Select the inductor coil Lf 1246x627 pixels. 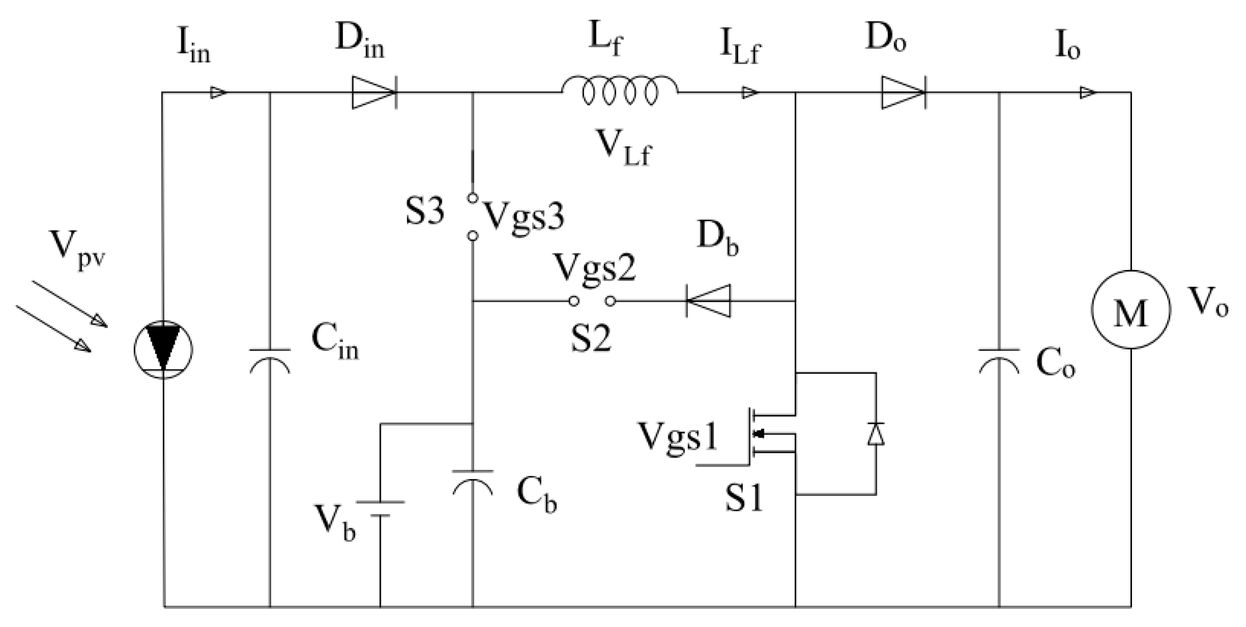(619, 93)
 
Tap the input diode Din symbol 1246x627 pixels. (373, 93)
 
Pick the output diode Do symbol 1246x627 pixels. (903, 93)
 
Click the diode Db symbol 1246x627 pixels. (708, 301)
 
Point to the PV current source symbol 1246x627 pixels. (163, 349)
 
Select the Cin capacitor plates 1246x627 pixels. (270, 359)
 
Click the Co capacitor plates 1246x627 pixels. (999, 359)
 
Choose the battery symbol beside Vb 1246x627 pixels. (380, 508)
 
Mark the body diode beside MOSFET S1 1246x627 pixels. (876, 434)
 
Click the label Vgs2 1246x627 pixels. (595, 268)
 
